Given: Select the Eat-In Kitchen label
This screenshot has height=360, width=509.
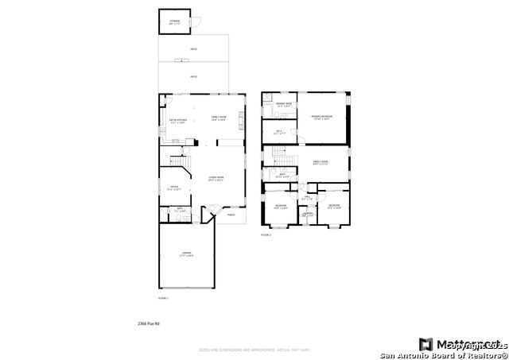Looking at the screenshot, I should pyautogui.click(x=177, y=122).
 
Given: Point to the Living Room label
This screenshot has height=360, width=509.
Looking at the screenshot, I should pyautogui.click(x=216, y=179).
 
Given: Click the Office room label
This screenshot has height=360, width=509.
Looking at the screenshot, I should pyautogui.click(x=175, y=188).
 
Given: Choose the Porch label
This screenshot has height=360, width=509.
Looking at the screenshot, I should pyautogui.click(x=231, y=215).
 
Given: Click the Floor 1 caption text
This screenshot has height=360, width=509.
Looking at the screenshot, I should pyautogui.click(x=163, y=297).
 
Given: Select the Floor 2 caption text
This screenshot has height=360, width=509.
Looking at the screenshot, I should pyautogui.click(x=266, y=235).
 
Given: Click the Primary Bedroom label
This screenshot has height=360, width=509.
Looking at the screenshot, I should pyautogui.click(x=321, y=117).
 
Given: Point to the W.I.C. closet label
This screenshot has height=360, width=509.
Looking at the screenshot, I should pyautogui.click(x=278, y=133).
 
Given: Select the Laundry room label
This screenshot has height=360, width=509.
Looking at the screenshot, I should pyautogui.click(x=308, y=214).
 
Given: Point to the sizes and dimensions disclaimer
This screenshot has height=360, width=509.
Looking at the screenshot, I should pyautogui.click(x=254, y=348).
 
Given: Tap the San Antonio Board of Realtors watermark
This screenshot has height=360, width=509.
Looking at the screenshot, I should pyautogui.click(x=443, y=355).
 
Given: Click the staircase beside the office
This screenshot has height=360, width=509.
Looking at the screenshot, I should pyautogui.click(x=180, y=165).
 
